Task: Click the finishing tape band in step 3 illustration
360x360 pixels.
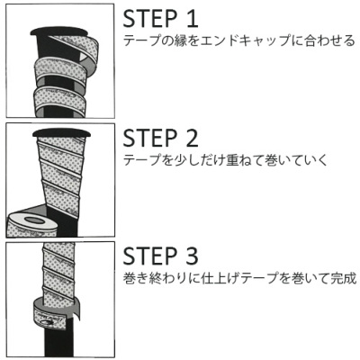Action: point(54,310)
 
